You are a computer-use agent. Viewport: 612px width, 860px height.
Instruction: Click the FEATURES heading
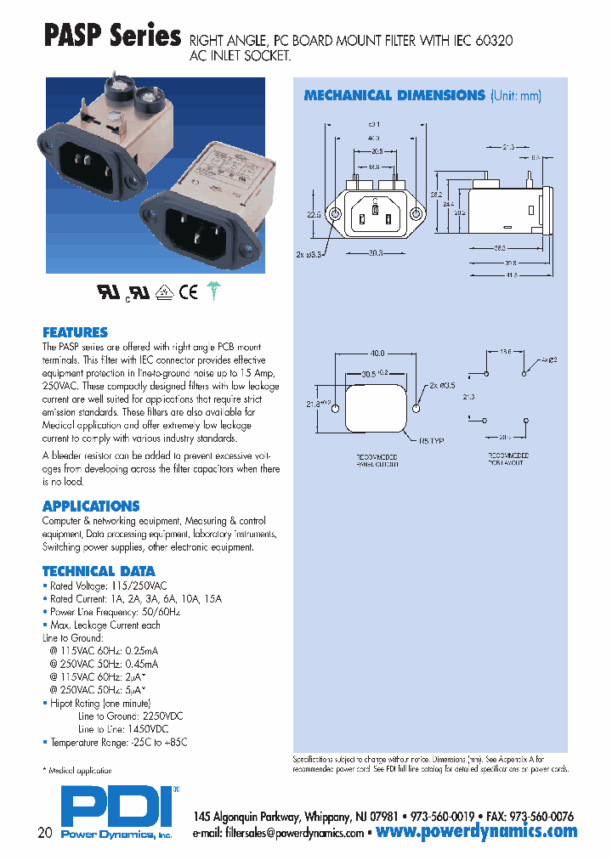[75, 332]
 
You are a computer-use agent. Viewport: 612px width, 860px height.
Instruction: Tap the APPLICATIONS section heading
[91, 506]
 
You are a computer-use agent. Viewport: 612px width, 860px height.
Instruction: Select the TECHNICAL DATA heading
[99, 571]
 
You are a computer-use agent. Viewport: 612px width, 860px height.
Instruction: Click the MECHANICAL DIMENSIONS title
[394, 96]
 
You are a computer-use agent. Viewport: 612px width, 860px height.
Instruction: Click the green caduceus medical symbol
[212, 291]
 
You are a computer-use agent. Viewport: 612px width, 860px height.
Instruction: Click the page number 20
[45, 832]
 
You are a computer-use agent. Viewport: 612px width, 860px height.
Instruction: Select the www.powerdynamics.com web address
[476, 832]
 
